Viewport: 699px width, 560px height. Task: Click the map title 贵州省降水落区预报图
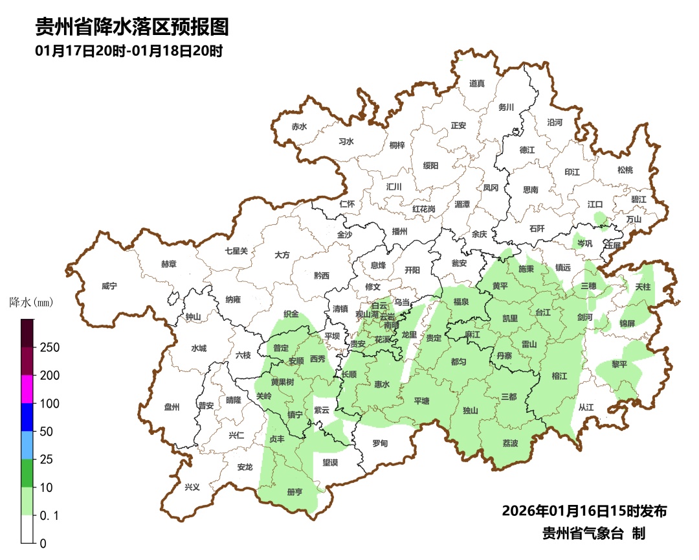(132, 27)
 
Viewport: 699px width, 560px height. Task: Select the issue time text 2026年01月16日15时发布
(584, 511)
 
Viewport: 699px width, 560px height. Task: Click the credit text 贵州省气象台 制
(594, 534)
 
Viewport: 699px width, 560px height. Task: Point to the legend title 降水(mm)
(30, 302)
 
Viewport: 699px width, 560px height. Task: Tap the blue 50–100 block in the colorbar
(27, 417)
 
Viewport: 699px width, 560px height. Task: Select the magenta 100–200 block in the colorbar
(27, 389)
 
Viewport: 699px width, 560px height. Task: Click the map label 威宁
(110, 286)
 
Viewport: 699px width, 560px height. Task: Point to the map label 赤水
(299, 127)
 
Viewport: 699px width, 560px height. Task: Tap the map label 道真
(477, 83)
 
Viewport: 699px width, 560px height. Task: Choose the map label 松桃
(625, 170)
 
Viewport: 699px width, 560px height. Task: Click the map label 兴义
(192, 487)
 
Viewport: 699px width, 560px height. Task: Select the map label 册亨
(294, 492)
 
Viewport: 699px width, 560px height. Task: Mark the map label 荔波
(510, 443)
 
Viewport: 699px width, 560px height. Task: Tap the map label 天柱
(643, 286)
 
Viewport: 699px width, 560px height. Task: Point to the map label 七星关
(236, 251)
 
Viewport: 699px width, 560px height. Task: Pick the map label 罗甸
(380, 443)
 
